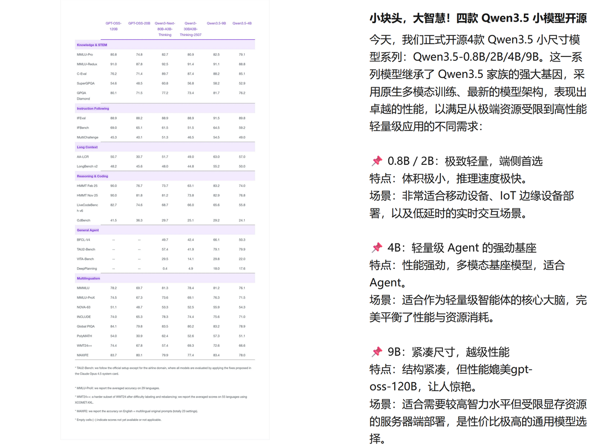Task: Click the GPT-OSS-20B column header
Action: [x=139, y=23]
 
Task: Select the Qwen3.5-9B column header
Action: [x=216, y=23]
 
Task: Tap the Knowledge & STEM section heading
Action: [x=92, y=45]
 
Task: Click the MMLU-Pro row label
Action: [x=85, y=55]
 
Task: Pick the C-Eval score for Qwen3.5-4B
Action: [x=242, y=74]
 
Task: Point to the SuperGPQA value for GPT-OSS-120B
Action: [x=114, y=84]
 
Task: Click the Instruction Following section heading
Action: [x=93, y=108]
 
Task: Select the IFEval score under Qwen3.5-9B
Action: [x=216, y=118]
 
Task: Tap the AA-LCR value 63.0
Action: [x=216, y=157]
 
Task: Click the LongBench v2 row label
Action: [x=87, y=166]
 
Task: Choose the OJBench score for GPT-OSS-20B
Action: [x=139, y=220]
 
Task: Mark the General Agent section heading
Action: [x=88, y=230]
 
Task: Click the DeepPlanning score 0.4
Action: [x=165, y=269]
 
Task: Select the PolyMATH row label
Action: [x=85, y=336]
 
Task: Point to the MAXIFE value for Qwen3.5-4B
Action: [x=242, y=355]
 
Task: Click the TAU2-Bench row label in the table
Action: [x=85, y=249]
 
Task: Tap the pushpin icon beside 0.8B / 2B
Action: [x=377, y=161]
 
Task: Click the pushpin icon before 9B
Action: [x=377, y=352]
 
